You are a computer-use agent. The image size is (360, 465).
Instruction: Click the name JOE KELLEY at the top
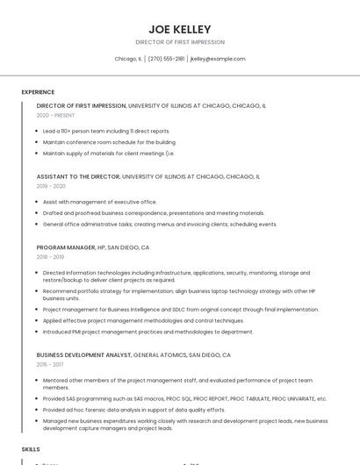coord(180,29)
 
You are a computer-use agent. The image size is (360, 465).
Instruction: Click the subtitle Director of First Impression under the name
coord(180,42)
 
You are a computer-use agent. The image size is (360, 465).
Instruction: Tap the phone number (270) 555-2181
coord(166,59)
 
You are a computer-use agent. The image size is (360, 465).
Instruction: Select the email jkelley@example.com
coord(218,59)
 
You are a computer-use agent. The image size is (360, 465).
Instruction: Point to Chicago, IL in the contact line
coord(128,59)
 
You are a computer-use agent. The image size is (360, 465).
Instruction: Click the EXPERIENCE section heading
coord(38,92)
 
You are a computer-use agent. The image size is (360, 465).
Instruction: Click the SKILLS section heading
coord(31,448)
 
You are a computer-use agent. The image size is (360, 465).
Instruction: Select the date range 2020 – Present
coord(55,115)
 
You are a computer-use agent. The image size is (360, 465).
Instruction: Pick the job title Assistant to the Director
coord(78,176)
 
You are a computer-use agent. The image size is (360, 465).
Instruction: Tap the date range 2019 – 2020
coord(51,186)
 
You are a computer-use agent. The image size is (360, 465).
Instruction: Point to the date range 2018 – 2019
coord(50,257)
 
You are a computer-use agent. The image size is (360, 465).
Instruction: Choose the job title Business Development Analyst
coord(84,355)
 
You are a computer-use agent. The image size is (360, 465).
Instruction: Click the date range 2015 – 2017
coord(50,365)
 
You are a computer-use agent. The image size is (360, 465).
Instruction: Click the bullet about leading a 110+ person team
coord(106,131)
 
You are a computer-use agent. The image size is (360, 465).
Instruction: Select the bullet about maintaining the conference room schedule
coord(109,141)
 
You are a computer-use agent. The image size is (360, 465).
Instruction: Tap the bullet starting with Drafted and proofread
coord(153,212)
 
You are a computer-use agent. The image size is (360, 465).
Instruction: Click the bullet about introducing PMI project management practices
coord(148,332)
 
